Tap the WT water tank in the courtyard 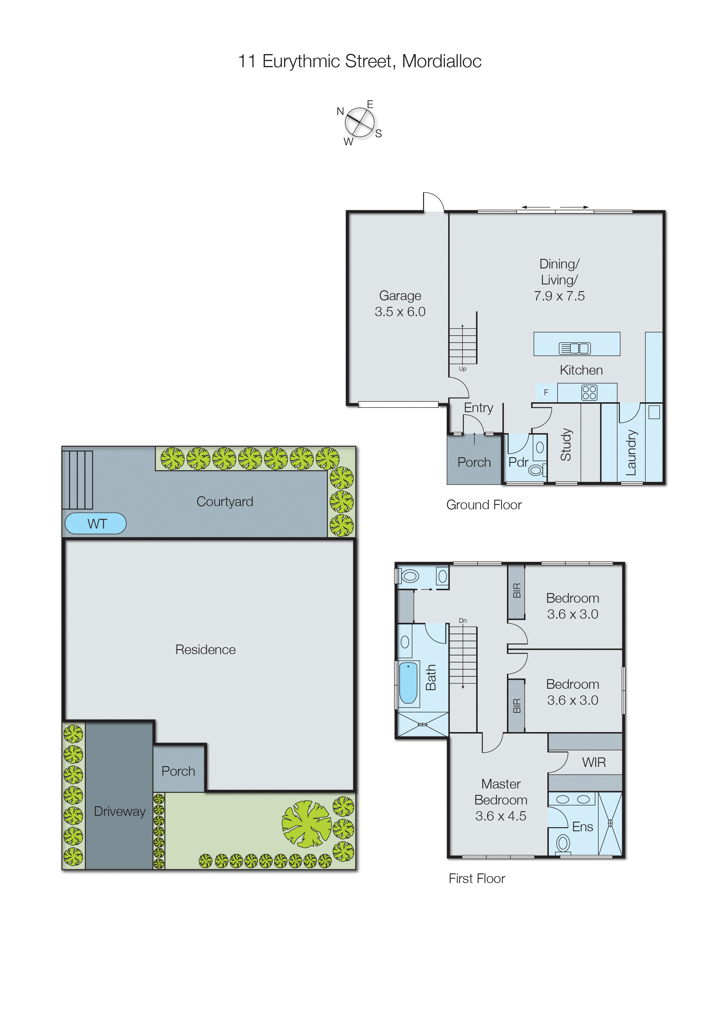(96, 524)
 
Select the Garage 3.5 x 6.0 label (400, 304)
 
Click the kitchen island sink (574, 348)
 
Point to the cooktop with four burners (589, 392)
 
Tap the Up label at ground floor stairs (462, 369)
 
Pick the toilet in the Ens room (563, 842)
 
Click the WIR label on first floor (594, 763)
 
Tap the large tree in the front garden (306, 823)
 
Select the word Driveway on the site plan (120, 811)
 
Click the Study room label (566, 444)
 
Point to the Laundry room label (631, 452)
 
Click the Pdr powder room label (518, 462)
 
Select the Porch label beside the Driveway (178, 771)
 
